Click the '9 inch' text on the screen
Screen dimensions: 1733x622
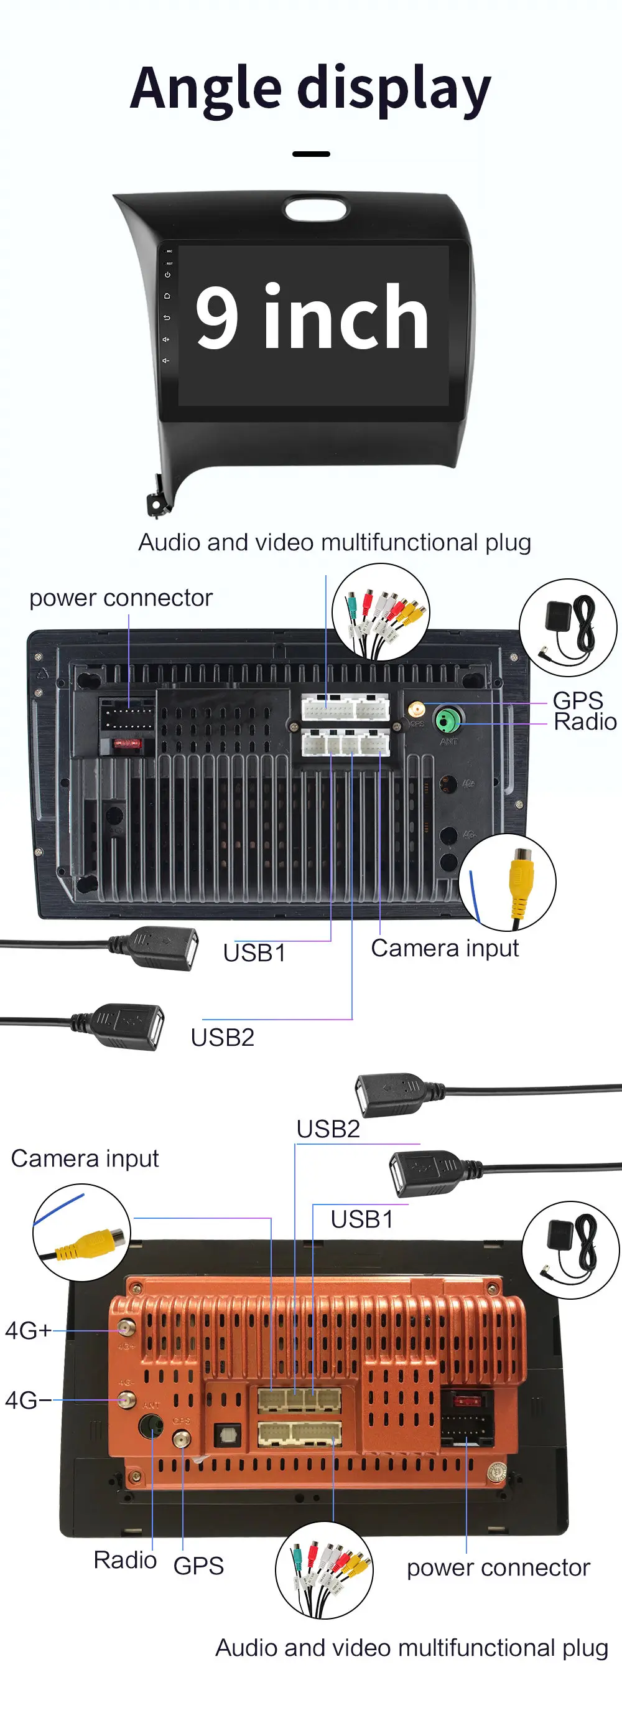[x=312, y=317]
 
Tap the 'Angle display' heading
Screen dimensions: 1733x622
[x=310, y=89]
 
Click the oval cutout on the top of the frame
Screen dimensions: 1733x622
[x=315, y=209]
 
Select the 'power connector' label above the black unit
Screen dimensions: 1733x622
[x=121, y=598]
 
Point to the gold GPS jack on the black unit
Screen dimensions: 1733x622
[x=416, y=708]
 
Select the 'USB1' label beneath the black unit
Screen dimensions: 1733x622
[x=254, y=952]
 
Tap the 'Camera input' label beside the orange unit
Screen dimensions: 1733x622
[x=85, y=1158]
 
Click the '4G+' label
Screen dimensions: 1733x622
[x=27, y=1330]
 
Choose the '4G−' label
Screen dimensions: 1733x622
[x=27, y=1400]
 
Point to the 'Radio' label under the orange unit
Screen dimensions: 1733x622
[x=125, y=1559]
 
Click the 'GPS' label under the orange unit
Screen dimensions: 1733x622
[x=198, y=1566]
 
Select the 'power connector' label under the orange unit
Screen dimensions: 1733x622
[x=498, y=1567]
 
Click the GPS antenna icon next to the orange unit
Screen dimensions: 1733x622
[x=570, y=1249]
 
